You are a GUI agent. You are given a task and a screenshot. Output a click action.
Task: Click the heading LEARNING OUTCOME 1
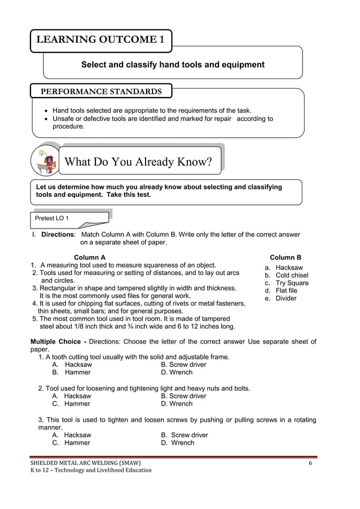[100, 40]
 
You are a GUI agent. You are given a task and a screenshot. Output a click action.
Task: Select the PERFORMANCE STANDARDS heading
[101, 91]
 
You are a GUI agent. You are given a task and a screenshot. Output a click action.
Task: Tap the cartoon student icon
[45, 160]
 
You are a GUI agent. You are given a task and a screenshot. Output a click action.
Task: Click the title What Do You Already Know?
[138, 163]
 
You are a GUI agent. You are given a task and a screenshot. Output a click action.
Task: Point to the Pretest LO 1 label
[52, 218]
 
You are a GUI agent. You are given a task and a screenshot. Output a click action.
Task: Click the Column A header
[90, 257]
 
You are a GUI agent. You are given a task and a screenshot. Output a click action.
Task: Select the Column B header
[286, 257]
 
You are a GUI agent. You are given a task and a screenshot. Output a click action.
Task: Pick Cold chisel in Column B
[292, 275]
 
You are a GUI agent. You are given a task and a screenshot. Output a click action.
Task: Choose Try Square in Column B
[292, 283]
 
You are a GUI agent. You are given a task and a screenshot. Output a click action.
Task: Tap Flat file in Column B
[286, 291]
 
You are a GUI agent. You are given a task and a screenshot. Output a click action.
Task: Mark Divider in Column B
[286, 299]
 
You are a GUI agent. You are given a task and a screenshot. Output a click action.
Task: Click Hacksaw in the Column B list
[289, 267]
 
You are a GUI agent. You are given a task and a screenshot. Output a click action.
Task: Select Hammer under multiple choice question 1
[77, 372]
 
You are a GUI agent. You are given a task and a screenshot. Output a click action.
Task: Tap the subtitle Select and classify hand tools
[173, 65]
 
